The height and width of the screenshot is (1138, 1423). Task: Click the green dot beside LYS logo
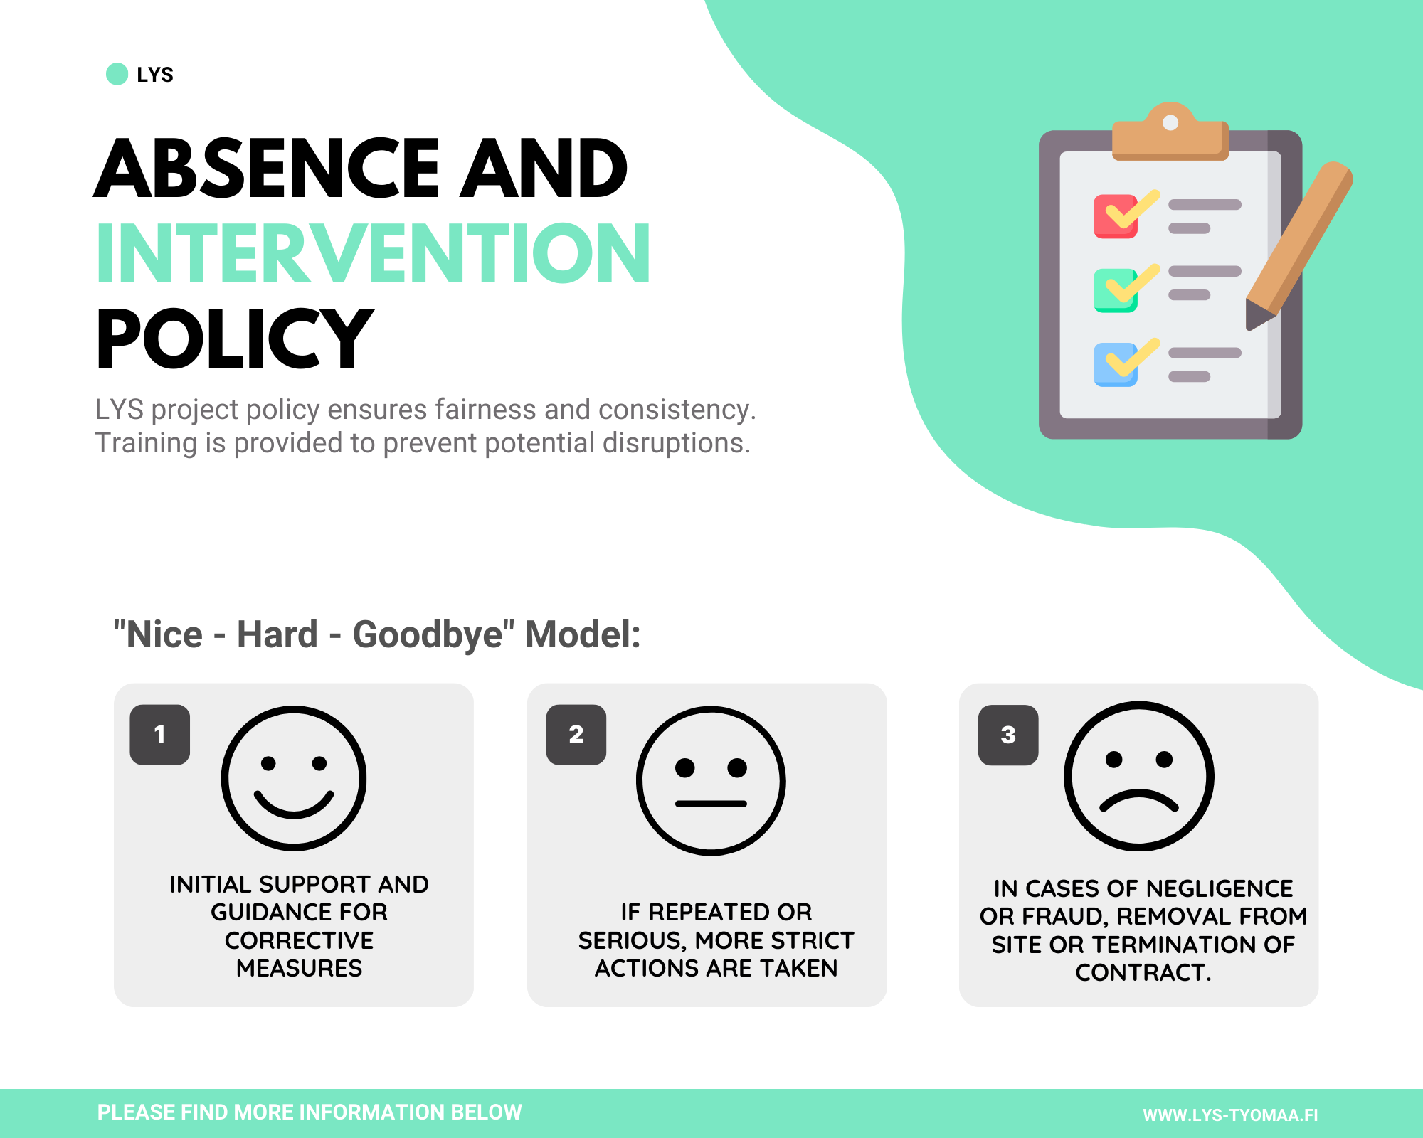117,74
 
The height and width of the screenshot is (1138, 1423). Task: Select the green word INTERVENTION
374,252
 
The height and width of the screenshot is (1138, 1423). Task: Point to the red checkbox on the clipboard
1115,216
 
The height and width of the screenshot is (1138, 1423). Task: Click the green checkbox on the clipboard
1115,290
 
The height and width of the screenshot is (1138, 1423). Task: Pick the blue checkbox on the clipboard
1115,365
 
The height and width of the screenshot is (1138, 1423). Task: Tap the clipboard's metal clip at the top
1170,132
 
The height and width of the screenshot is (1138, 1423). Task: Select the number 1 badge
160,735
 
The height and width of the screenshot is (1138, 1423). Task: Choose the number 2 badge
576,735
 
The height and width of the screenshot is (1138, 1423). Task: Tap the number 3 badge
1008,735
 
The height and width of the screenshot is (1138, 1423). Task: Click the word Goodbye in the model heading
428,634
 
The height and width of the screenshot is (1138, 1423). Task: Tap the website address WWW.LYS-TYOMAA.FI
1230,1115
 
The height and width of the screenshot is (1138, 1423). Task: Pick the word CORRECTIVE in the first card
299,940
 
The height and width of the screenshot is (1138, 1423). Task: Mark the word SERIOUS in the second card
633,941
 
